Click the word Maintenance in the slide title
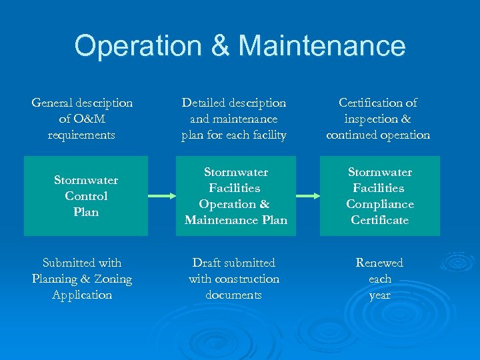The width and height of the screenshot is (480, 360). tap(321, 46)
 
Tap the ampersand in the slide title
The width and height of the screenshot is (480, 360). tap(219, 46)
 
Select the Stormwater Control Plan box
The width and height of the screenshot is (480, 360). tap(86, 196)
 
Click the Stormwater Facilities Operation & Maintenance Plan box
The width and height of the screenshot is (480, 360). tap(236, 196)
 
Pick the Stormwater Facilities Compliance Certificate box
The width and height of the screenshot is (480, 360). tap(380, 196)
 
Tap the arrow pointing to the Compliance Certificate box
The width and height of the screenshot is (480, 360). tap(308, 196)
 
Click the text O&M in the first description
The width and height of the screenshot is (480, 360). tap(89, 119)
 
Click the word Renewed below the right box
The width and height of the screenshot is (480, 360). tap(379, 263)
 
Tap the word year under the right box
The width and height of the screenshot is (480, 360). tap(379, 295)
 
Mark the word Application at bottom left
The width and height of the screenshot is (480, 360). tap(82, 295)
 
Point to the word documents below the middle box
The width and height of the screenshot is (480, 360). tap(233, 295)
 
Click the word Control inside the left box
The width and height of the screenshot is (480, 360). tap(86, 196)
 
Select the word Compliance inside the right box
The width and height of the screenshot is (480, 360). tap(380, 204)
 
